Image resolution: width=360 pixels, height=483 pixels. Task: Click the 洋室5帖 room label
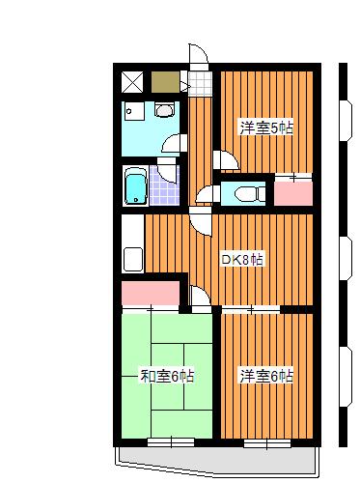[x=266, y=128]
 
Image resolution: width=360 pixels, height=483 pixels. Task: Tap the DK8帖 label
[x=243, y=259]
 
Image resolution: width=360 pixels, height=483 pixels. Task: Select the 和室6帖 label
[x=167, y=376]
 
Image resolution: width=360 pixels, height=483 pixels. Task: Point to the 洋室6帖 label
[x=266, y=376]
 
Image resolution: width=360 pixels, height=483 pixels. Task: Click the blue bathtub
[x=136, y=186]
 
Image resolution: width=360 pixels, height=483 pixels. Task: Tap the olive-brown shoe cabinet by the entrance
[x=165, y=82]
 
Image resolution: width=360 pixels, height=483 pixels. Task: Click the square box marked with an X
[x=132, y=82]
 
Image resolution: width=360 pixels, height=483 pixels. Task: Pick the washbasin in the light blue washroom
[x=165, y=109]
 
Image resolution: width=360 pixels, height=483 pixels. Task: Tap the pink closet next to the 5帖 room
[x=293, y=193]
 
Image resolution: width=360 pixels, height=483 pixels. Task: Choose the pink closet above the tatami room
[x=151, y=293]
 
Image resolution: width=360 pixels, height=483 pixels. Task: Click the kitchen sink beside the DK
[x=133, y=260]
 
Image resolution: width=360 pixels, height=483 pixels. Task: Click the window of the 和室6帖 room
[x=171, y=442]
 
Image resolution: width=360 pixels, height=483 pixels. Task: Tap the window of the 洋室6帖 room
[x=267, y=443]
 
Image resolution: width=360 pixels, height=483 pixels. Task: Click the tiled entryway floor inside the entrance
[x=200, y=83]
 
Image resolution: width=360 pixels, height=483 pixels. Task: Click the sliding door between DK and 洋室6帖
[x=251, y=310]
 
